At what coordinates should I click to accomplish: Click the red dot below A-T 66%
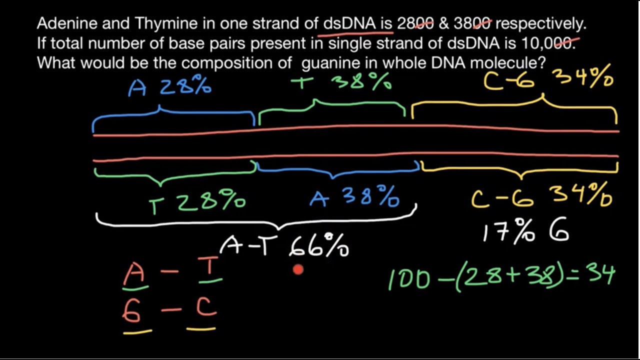click(x=298, y=270)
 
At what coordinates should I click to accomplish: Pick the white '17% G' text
click(x=525, y=233)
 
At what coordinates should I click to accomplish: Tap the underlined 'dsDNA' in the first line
click(x=348, y=23)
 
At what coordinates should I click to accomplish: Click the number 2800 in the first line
click(x=415, y=23)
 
